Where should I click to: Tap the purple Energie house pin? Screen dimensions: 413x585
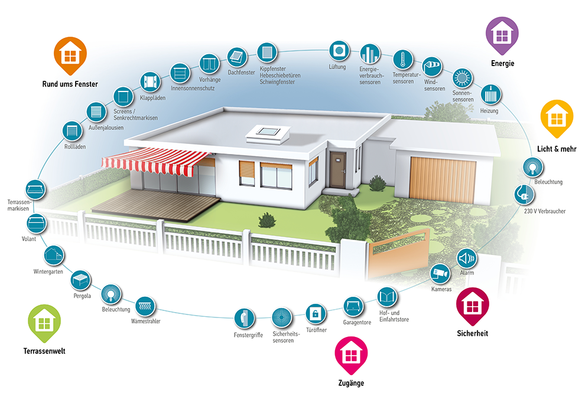502,34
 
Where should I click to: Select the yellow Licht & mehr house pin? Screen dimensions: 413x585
556,117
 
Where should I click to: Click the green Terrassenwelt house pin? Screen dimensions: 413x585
44,323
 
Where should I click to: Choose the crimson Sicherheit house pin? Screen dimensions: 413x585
472,306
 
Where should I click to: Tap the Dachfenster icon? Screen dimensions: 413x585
236,56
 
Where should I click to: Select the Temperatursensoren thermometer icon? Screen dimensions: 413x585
402,60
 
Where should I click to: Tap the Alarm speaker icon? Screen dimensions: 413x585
467,258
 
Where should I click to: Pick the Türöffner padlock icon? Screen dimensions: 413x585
316,313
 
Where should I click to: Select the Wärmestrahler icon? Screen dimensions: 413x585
145,307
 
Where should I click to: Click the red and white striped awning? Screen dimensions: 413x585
158,160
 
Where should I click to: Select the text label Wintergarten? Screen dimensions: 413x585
48,271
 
